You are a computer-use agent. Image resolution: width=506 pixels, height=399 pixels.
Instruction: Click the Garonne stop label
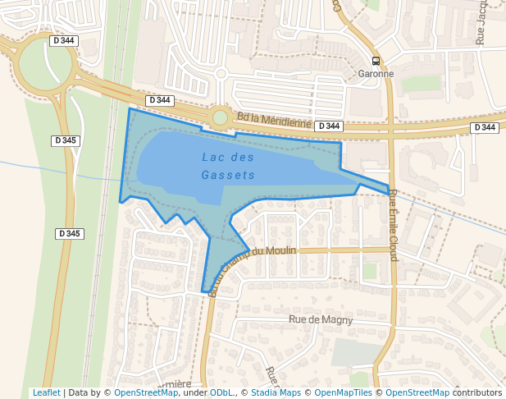pos(376,73)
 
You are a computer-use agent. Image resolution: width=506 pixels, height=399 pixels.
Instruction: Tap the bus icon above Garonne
pos(376,60)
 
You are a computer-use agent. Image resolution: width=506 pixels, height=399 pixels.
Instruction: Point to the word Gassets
pos(228,175)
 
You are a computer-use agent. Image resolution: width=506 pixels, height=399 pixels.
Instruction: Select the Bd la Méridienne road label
pos(273,121)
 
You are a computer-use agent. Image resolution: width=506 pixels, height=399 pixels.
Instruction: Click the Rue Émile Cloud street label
pos(393,225)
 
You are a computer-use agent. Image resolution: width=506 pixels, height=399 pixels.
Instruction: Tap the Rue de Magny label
pos(321,319)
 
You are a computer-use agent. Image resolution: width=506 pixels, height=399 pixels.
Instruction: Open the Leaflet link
pos(46,392)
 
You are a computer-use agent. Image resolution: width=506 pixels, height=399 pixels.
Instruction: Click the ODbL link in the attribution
pos(221,392)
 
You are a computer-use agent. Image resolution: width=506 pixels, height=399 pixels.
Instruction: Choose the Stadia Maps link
pos(275,392)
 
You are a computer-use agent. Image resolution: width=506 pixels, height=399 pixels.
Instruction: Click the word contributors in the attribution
pos(477,392)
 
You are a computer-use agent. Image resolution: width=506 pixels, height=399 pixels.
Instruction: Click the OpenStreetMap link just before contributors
pos(417,392)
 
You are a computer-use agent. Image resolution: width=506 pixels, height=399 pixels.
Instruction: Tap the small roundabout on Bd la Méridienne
pos(220,117)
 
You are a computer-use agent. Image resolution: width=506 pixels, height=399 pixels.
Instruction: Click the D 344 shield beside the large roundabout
pos(64,40)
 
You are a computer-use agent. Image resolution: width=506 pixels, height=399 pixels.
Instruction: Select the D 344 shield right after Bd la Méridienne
pos(328,126)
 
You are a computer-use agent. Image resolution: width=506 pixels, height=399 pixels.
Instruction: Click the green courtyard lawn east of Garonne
pos(421,83)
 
